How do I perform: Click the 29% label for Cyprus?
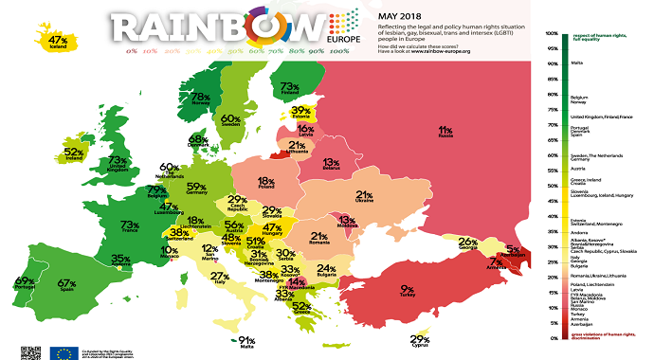(420, 340)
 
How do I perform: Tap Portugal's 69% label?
(25, 281)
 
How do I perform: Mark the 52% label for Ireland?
(74, 151)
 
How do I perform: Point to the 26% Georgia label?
(467, 242)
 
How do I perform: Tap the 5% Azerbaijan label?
(512, 250)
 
